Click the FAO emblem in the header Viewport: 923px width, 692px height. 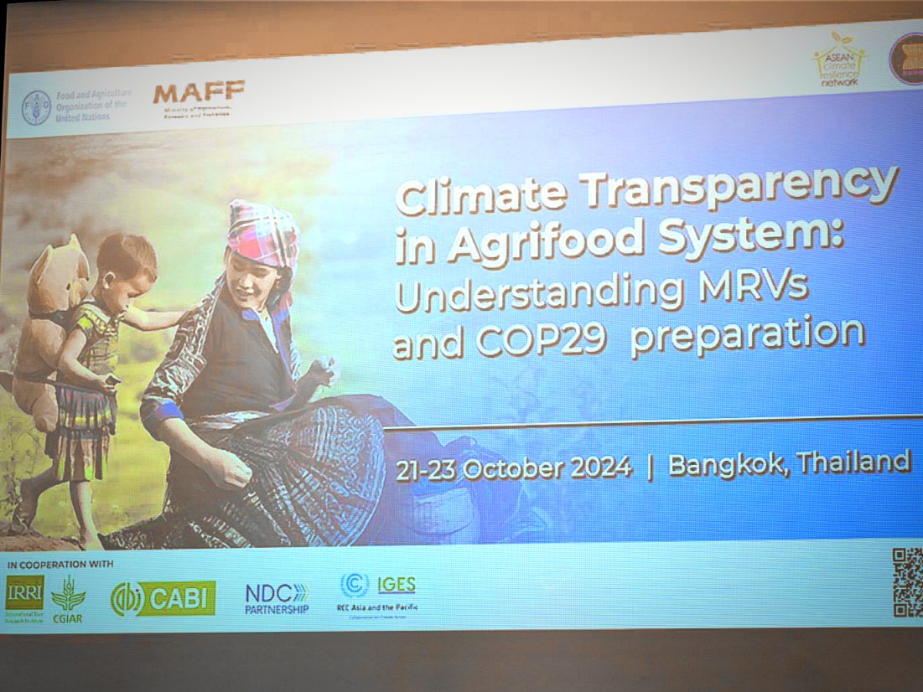pos(36,108)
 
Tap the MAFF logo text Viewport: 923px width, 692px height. pos(199,91)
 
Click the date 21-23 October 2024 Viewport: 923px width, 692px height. pos(514,468)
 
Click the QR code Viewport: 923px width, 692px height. pos(907,582)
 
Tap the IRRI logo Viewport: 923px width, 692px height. pos(24,592)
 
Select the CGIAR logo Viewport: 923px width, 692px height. pos(68,596)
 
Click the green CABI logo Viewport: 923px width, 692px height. pos(163,598)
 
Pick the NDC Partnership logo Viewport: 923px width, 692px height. pos(277,598)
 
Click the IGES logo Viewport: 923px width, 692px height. pos(378,586)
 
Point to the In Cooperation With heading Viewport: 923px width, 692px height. pos(59,564)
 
